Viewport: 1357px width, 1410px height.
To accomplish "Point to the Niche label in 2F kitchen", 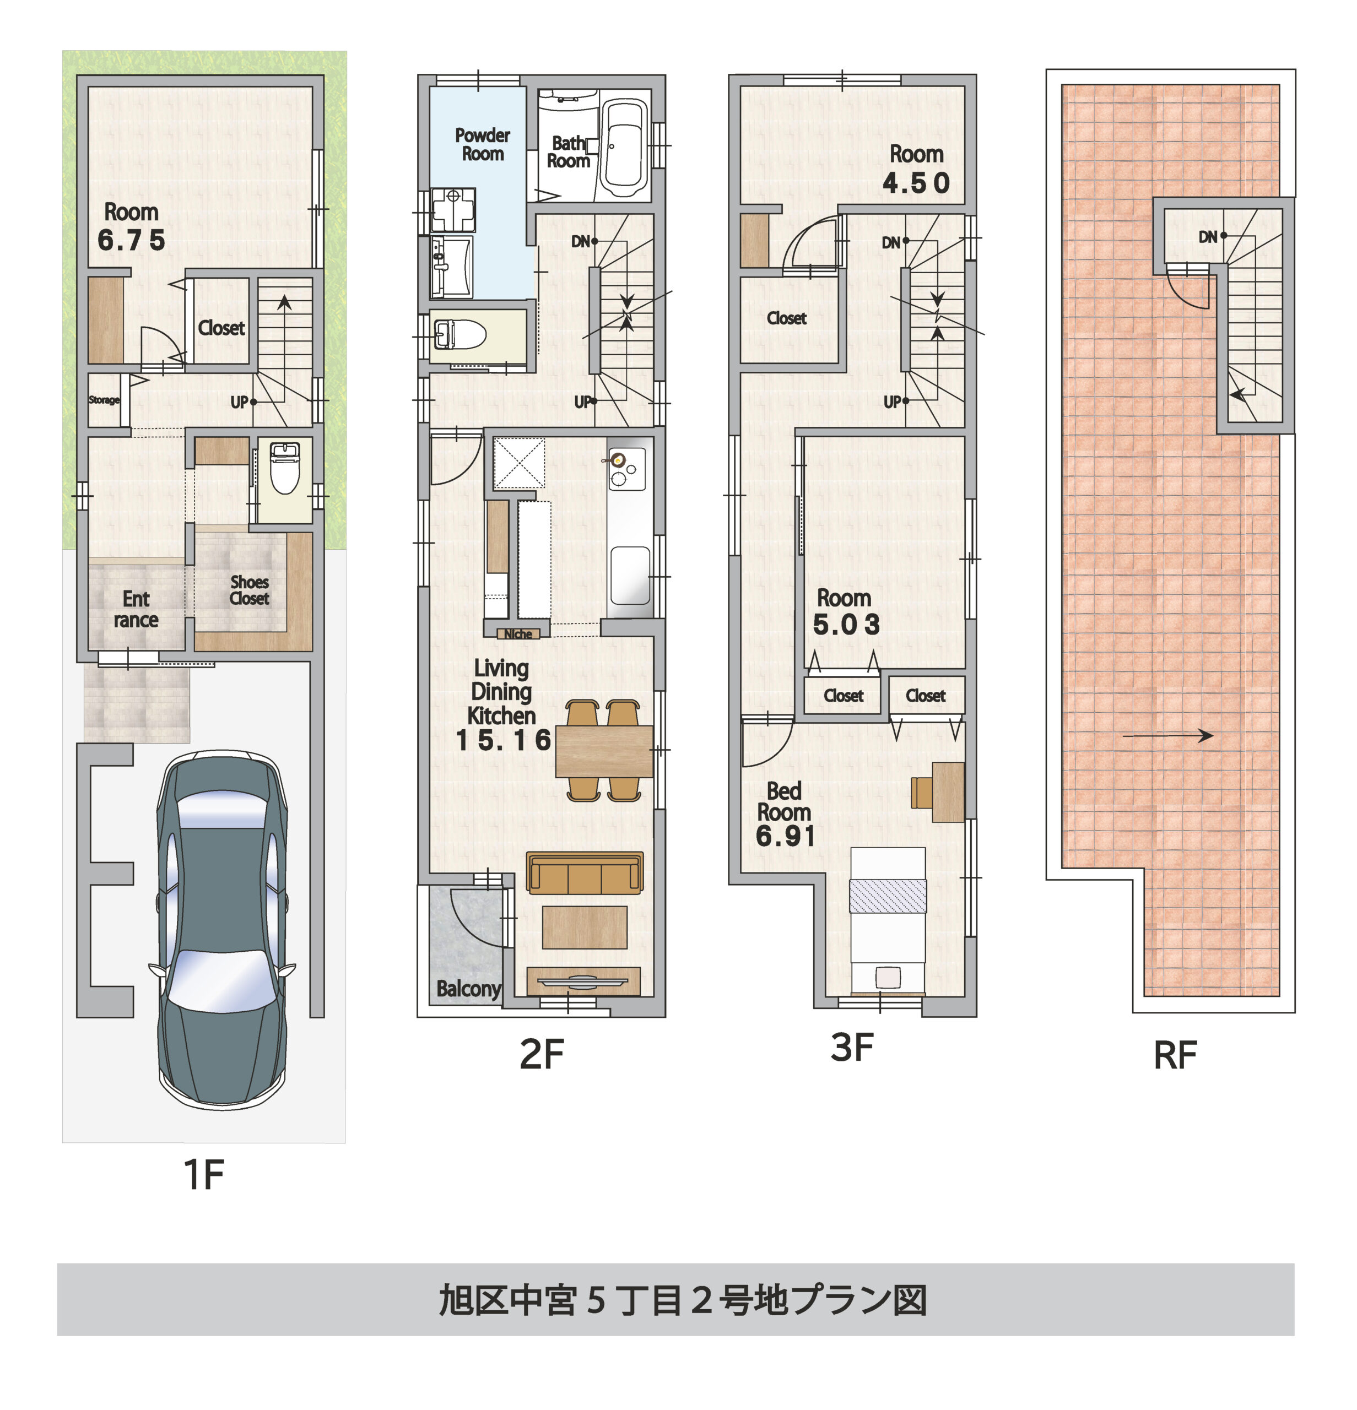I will click(x=518, y=634).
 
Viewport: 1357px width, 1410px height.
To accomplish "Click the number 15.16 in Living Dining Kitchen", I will click(x=503, y=740).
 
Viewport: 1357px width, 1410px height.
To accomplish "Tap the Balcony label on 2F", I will click(x=468, y=989).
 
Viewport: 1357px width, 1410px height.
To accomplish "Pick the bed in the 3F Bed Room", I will click(x=887, y=921).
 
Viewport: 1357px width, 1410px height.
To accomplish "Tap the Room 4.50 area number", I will click(x=916, y=183).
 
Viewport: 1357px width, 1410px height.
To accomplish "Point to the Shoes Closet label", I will click(x=249, y=590).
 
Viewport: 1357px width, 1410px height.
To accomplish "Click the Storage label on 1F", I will click(x=104, y=400).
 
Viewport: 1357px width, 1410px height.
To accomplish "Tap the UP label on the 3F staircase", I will click(x=891, y=402).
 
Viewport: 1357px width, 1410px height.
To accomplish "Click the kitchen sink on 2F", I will click(x=630, y=575).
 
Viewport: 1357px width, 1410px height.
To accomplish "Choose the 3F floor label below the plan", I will click(x=852, y=1048).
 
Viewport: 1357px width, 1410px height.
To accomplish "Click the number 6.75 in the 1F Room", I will click(x=131, y=240).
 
